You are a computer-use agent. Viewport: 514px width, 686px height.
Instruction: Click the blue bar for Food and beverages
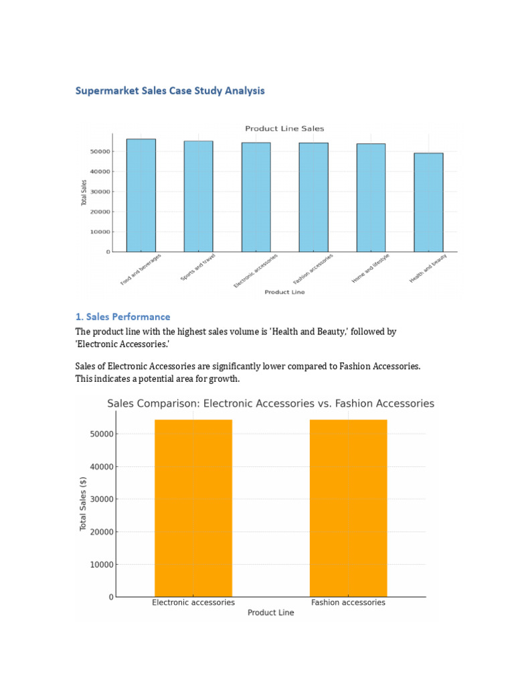pyautogui.click(x=141, y=195)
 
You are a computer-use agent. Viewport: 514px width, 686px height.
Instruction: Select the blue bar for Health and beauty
pyautogui.click(x=428, y=202)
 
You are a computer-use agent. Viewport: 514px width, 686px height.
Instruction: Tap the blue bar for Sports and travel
pyautogui.click(x=199, y=196)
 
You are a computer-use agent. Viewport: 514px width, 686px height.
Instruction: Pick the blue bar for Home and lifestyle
pyautogui.click(x=371, y=198)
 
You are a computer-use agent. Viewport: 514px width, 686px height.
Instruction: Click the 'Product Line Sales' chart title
pyautogui.click(x=284, y=129)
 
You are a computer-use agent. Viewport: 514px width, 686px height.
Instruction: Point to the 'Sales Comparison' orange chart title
pyautogui.click(x=271, y=403)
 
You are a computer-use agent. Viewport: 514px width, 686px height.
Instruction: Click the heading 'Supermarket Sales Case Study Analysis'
pyautogui.click(x=170, y=90)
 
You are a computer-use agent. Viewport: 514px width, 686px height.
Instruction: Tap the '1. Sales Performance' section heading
pyautogui.click(x=122, y=317)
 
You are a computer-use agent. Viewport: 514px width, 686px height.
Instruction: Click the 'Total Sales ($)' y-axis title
pyautogui.click(x=83, y=504)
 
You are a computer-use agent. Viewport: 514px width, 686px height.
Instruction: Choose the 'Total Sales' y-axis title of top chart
pyautogui.click(x=84, y=193)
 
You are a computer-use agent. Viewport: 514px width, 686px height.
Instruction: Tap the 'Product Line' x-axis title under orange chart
pyautogui.click(x=270, y=612)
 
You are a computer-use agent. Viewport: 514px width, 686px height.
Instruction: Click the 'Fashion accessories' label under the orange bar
pyautogui.click(x=348, y=602)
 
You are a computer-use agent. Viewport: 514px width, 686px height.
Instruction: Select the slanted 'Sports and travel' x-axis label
pyautogui.click(x=199, y=267)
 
